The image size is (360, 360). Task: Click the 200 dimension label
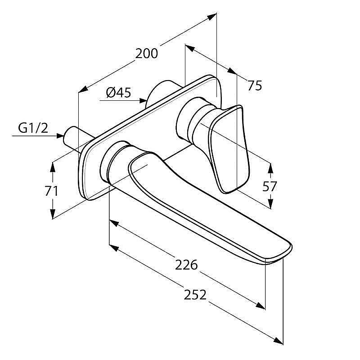(147, 54)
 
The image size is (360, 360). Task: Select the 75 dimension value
(255, 85)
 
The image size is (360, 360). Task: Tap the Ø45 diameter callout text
(119, 93)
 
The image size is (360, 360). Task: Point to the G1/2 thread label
(33, 128)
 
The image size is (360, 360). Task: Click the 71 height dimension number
(51, 191)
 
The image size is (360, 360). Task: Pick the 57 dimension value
(270, 186)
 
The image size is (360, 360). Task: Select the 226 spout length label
(186, 265)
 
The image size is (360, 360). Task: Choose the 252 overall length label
(195, 295)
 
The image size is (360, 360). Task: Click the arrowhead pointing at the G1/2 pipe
(60, 136)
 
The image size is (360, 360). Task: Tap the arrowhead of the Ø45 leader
(143, 100)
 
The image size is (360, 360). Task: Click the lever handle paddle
(229, 149)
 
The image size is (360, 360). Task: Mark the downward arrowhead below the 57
(271, 203)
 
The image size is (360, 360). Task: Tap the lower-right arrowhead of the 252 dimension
(278, 341)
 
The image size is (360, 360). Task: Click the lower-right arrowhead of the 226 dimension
(261, 306)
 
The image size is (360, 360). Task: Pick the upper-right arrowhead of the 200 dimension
(211, 17)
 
